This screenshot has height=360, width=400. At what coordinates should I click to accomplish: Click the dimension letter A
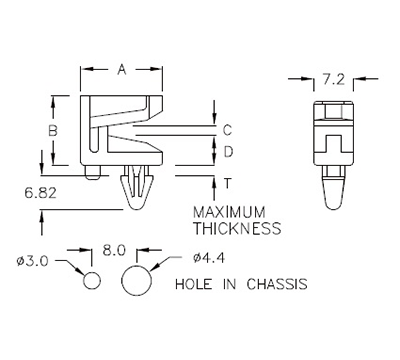tap(121, 69)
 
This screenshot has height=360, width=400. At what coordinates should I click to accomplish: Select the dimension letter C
tap(227, 130)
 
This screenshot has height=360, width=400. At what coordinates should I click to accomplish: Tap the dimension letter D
tap(227, 152)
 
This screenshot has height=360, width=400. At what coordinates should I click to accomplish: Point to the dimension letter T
tap(227, 181)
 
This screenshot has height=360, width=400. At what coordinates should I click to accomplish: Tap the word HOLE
tap(194, 283)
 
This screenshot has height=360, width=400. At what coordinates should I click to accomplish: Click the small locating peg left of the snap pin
tap(93, 173)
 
